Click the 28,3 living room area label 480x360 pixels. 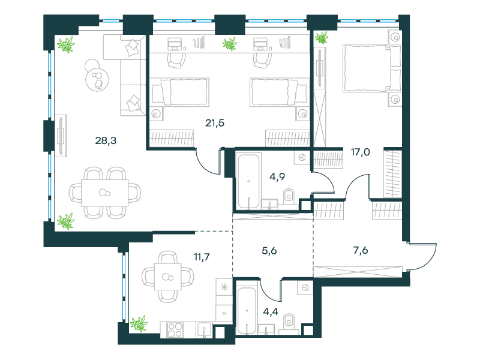tap(106, 140)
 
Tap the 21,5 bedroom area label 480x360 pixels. tap(215, 123)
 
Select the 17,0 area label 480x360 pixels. tap(361, 152)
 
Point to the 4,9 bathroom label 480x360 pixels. tap(277, 176)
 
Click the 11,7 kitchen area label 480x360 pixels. tap(202, 257)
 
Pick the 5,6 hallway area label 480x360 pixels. tap(269, 251)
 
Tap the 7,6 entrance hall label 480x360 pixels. tap(361, 250)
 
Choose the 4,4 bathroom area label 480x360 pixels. tap(271, 311)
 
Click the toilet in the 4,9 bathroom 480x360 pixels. tap(289, 196)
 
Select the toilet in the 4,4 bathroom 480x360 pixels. tap(289, 322)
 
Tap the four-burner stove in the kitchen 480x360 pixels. tap(175, 331)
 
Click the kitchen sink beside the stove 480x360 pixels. tap(204, 331)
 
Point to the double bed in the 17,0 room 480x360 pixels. tap(372, 68)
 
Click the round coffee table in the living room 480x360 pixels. tap(97, 79)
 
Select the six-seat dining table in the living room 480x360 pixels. tap(104, 193)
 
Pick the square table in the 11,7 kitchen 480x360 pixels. tap(168, 277)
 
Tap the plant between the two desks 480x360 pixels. tap(230, 44)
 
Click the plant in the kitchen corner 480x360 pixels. tap(139, 323)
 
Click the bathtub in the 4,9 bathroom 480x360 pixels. tap(248, 181)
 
